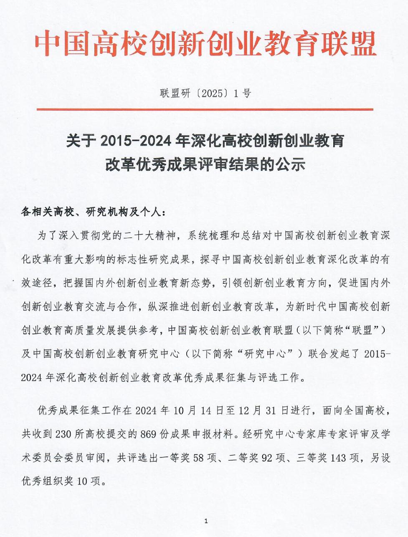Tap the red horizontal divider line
pos(205,109)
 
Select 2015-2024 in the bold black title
pos(135,141)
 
